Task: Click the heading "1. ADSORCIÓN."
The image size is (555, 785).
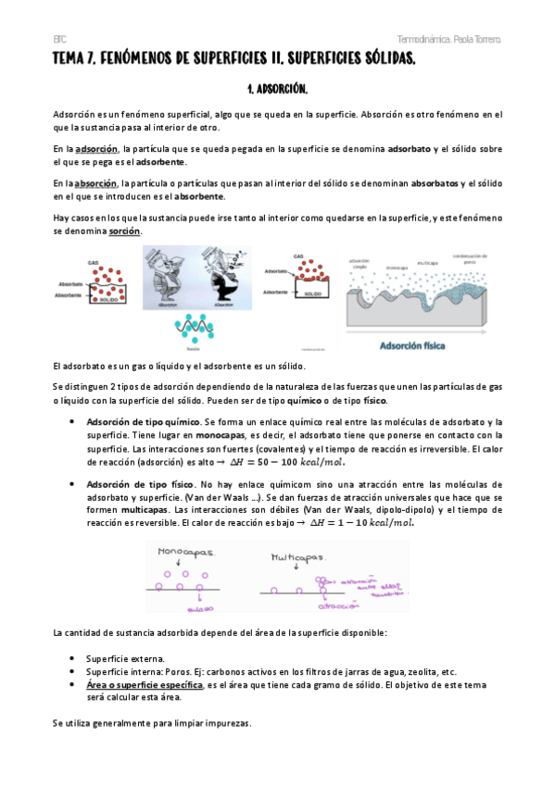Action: [x=278, y=90]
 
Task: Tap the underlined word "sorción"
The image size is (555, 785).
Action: [x=124, y=231]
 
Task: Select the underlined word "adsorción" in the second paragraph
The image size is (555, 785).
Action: [x=97, y=148]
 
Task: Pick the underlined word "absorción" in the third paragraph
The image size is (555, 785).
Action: [x=97, y=183]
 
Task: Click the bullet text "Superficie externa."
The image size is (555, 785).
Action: [x=126, y=658]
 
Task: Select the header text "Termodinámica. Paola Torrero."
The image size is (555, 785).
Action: [x=449, y=41]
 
